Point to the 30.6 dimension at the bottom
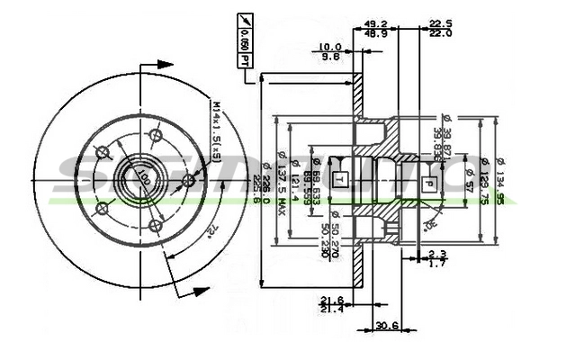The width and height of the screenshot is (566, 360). (x=388, y=325)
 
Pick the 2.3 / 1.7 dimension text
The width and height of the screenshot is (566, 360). (x=437, y=258)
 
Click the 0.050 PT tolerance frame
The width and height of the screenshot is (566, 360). (x=246, y=43)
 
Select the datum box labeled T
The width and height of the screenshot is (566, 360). (x=339, y=178)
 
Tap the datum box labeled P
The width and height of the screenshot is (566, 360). (x=430, y=184)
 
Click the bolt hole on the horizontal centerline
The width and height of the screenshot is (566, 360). (x=188, y=181)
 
